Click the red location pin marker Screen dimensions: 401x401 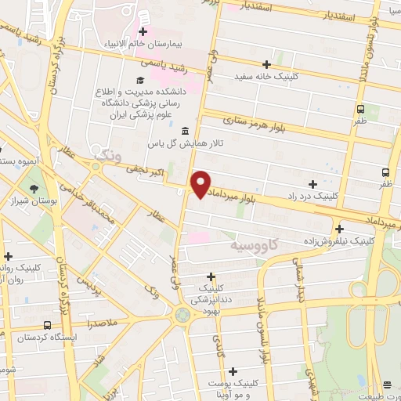pyautogui.click(x=201, y=184)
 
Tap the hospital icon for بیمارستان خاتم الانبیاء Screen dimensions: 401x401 pyautogui.click(x=143, y=32)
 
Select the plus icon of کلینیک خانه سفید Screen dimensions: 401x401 pyautogui.click(x=266, y=64)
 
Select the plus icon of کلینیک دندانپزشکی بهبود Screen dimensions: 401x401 pyautogui.click(x=211, y=276)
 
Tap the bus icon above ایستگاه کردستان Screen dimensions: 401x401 pyautogui.click(x=48, y=325)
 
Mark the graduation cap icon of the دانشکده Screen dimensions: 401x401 pyautogui.click(x=140, y=81)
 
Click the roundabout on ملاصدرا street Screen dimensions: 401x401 pyautogui.click(x=183, y=315)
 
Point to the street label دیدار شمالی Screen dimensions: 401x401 pyautogui.click(x=299, y=286)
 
